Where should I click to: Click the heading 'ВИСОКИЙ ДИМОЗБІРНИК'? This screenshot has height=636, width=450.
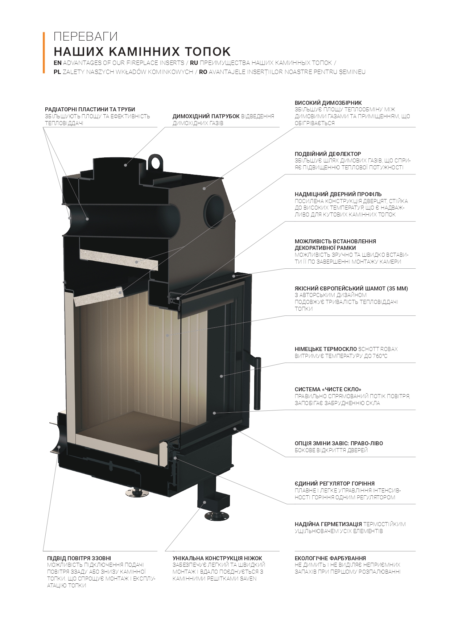[x=328, y=103]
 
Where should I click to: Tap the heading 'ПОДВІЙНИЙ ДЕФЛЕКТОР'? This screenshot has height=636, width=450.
[x=328, y=154]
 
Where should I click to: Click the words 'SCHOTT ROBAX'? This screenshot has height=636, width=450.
[x=378, y=349]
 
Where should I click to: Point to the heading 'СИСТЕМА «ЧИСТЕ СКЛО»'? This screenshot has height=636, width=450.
[x=328, y=389]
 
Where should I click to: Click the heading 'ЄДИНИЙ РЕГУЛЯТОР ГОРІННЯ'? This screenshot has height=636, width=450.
[x=335, y=484]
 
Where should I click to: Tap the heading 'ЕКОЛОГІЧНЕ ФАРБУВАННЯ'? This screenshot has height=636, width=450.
[x=330, y=558]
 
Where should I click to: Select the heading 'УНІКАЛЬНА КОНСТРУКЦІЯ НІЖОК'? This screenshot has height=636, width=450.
[x=217, y=558]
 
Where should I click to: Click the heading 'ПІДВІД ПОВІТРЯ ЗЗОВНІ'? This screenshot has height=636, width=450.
[x=79, y=558]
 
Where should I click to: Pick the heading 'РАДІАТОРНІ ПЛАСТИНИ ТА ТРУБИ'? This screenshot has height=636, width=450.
[x=90, y=110]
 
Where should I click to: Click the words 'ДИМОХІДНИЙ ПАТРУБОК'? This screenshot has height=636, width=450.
[x=206, y=116]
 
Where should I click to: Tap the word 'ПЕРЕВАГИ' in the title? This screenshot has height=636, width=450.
[x=86, y=37]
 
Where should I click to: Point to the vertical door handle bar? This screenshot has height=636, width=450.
[x=257, y=383]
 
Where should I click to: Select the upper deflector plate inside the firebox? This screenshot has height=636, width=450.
[x=119, y=260]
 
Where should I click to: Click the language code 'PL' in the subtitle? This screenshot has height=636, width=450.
[x=57, y=72]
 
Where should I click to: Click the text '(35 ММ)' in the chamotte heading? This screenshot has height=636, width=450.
[x=397, y=289]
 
